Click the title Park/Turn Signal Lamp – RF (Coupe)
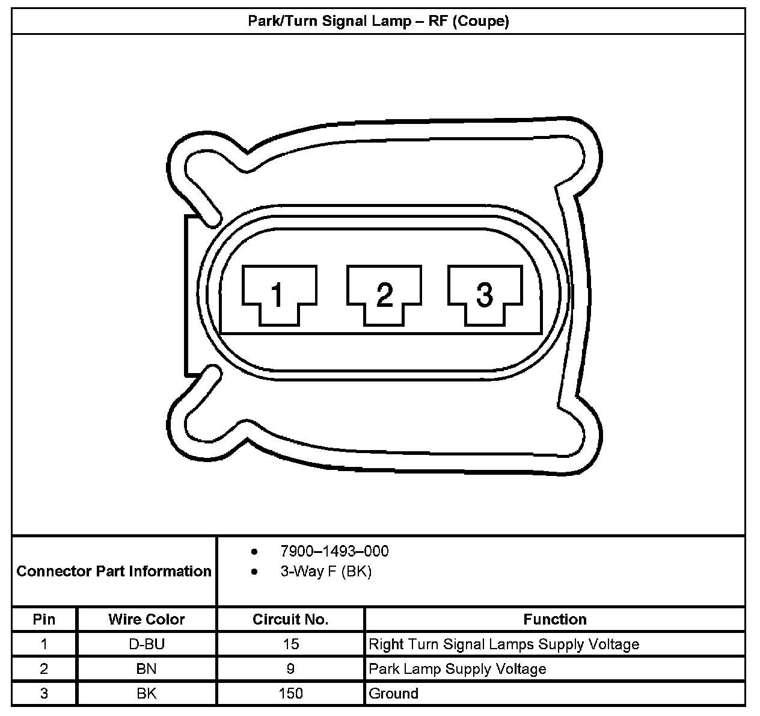(379, 22)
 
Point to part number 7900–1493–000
(334, 551)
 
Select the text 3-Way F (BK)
(326, 571)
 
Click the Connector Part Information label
(114, 571)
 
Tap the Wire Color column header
(147, 619)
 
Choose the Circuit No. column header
(290, 619)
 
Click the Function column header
(554, 619)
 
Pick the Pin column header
(44, 619)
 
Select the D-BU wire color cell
(147, 644)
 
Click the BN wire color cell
(147, 668)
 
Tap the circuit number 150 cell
(290, 693)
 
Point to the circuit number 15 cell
(290, 644)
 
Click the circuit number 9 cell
(290, 668)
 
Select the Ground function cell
(393, 693)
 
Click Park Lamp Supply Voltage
(457, 668)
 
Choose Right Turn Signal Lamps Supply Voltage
(504, 644)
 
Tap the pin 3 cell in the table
(44, 693)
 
